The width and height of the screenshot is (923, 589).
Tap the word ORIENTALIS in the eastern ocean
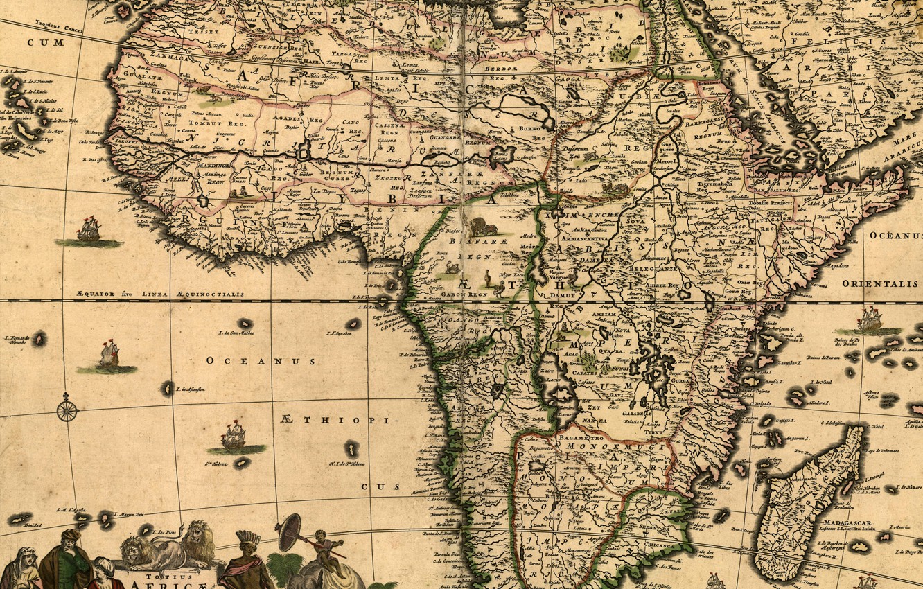coord(879,284)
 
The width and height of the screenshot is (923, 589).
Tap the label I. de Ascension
coord(191,390)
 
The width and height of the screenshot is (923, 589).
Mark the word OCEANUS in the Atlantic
coord(261,361)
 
